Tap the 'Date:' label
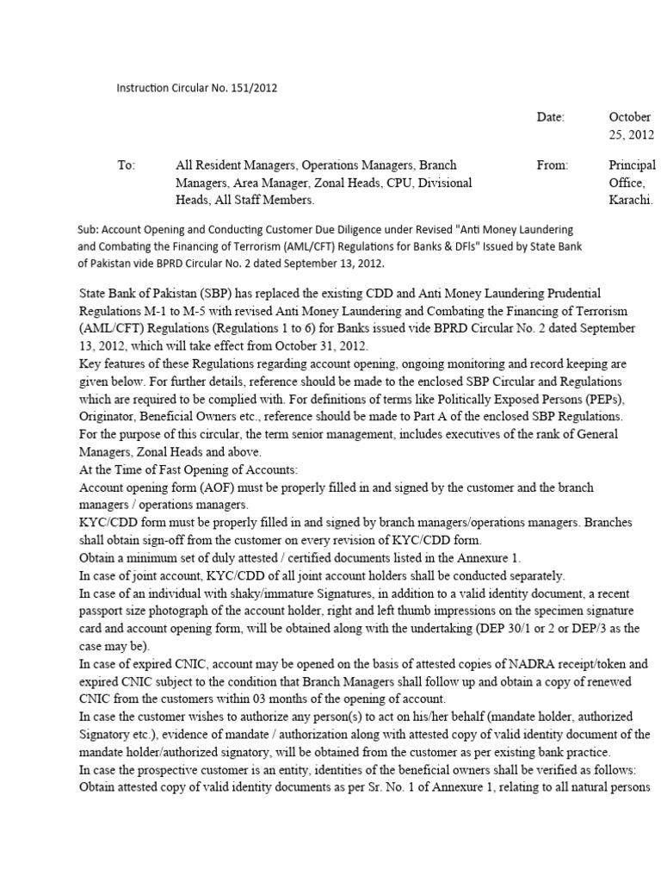(551, 117)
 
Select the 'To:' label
(127, 165)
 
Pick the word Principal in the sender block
(632, 165)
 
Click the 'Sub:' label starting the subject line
(90, 230)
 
